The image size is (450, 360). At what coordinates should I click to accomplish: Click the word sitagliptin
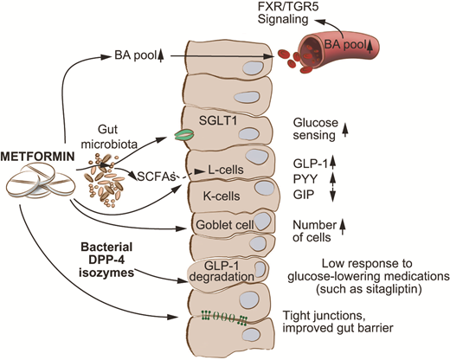tap(381, 293)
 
